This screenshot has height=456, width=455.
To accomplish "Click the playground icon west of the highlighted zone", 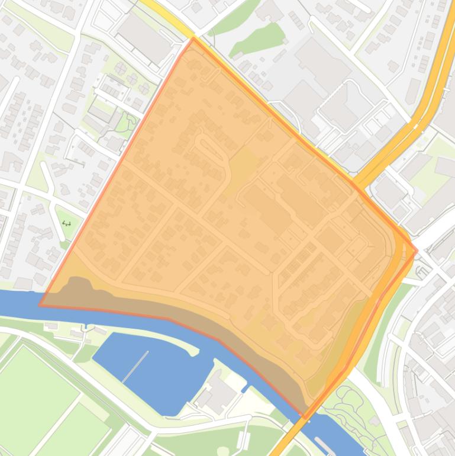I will point(66,223).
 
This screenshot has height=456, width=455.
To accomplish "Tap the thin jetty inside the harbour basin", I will point(135,367).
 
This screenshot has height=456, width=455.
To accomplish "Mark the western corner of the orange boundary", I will point(40,305).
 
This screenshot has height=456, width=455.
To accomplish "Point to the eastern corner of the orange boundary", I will point(417,251).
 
